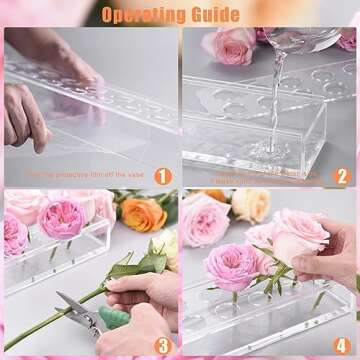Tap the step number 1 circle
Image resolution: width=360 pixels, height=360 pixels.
[163, 175]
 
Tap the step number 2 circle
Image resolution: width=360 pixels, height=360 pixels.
[343, 175]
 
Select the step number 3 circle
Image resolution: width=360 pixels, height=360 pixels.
[163, 345]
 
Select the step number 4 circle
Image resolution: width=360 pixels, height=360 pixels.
[343, 345]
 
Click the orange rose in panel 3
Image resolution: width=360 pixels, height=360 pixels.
[144, 212]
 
